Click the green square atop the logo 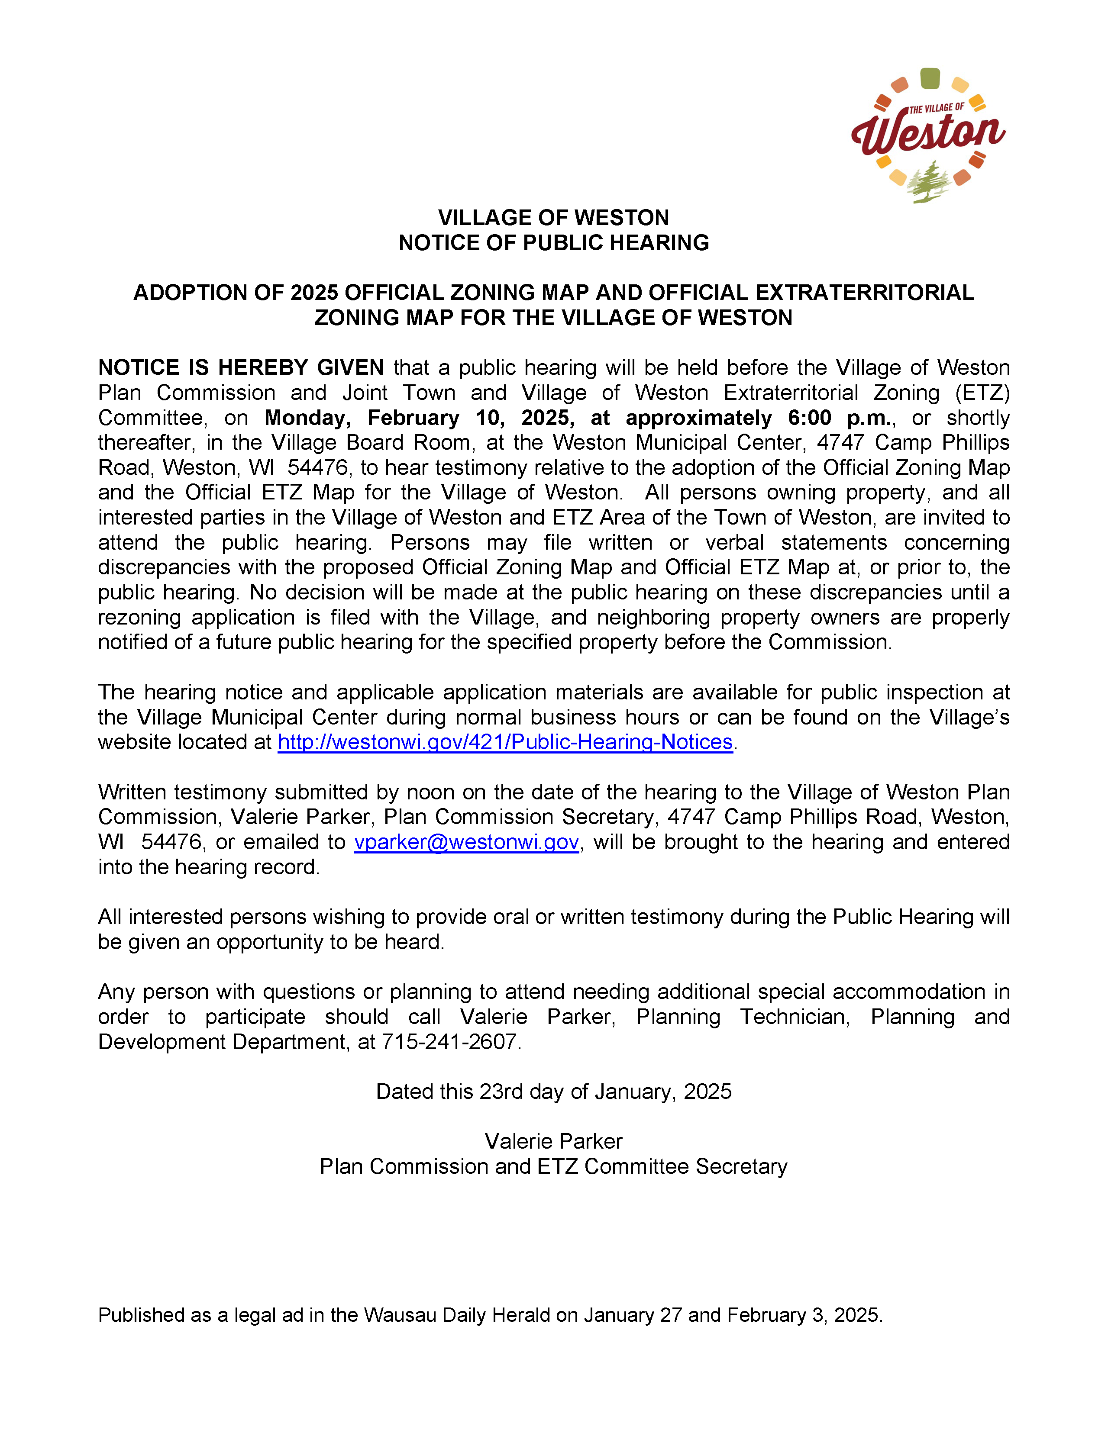click(930, 78)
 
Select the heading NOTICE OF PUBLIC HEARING click(553, 243)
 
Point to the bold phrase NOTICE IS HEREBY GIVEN click(241, 367)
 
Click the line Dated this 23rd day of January click(553, 1091)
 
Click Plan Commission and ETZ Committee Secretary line click(553, 1166)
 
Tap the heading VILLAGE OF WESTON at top click(553, 218)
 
